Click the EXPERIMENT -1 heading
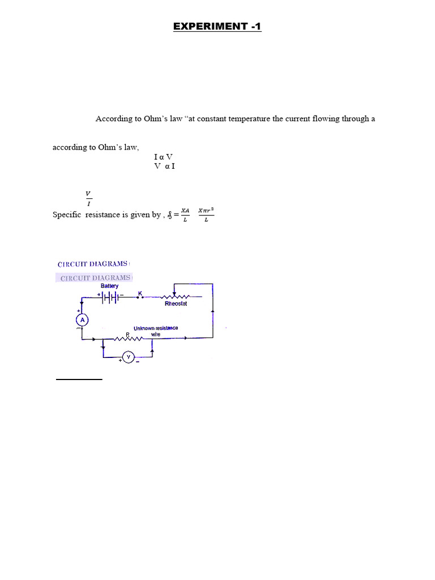click(x=217, y=27)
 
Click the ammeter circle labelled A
click(x=83, y=320)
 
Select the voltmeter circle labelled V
click(x=129, y=357)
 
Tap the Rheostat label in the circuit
click(x=176, y=304)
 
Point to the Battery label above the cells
click(x=110, y=286)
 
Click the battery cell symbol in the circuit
click(x=110, y=297)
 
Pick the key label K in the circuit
click(x=140, y=293)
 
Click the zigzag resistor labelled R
click(x=129, y=339)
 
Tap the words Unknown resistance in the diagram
click(x=156, y=328)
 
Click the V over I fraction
click(x=88, y=198)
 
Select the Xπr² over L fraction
click(x=206, y=215)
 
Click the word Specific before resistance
click(x=67, y=215)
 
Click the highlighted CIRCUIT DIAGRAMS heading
click(x=96, y=278)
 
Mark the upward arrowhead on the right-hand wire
click(x=212, y=312)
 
